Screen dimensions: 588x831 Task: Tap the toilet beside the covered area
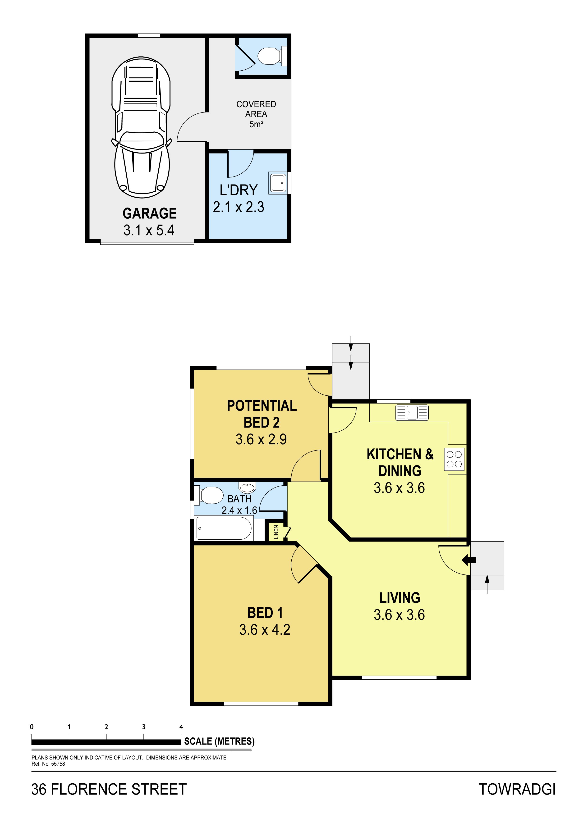point(272,56)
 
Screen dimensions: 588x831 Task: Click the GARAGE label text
point(150,213)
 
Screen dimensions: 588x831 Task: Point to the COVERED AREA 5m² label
point(256,114)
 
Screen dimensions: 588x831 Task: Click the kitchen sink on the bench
point(412,413)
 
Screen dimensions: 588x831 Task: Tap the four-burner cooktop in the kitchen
point(454,459)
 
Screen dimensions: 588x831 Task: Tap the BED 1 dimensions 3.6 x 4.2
point(264,630)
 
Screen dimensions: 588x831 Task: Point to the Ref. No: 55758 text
point(48,764)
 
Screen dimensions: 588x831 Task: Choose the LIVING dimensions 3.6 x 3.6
point(399,614)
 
